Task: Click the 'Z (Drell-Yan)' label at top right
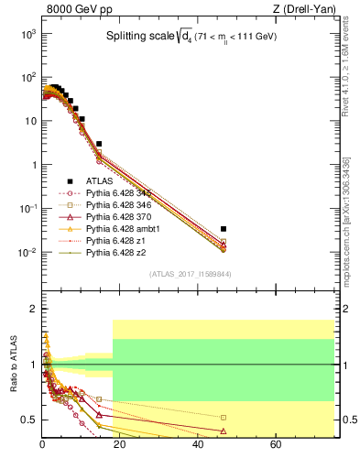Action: click(305, 10)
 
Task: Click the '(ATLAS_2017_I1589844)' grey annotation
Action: click(191, 273)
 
